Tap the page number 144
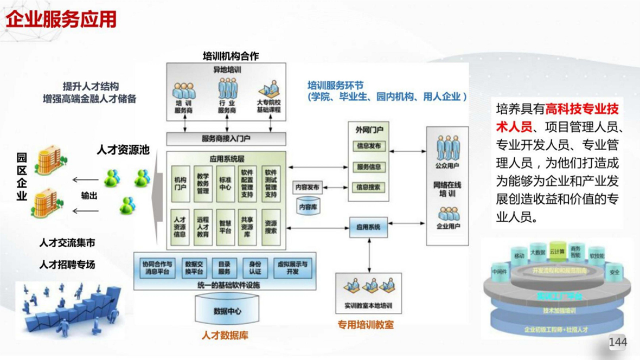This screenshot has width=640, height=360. click(x=618, y=342)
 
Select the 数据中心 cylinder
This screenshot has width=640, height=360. click(x=227, y=312)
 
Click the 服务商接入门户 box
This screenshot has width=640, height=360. click(x=226, y=139)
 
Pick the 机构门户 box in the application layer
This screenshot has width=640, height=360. click(x=181, y=184)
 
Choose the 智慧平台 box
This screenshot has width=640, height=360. click(x=225, y=226)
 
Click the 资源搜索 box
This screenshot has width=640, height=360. click(x=270, y=226)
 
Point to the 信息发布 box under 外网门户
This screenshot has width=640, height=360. click(x=368, y=146)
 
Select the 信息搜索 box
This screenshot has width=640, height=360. click(x=368, y=187)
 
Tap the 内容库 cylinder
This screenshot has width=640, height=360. click(x=309, y=207)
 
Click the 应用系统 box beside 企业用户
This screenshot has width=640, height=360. click(x=368, y=227)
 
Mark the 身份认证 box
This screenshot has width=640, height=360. click(x=255, y=268)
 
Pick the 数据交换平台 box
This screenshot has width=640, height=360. click(x=194, y=268)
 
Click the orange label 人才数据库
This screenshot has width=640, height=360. click(x=225, y=336)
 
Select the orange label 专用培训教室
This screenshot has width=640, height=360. click(x=366, y=325)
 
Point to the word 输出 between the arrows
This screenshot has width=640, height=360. click(x=89, y=196)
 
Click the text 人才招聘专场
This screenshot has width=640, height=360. click(x=67, y=265)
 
